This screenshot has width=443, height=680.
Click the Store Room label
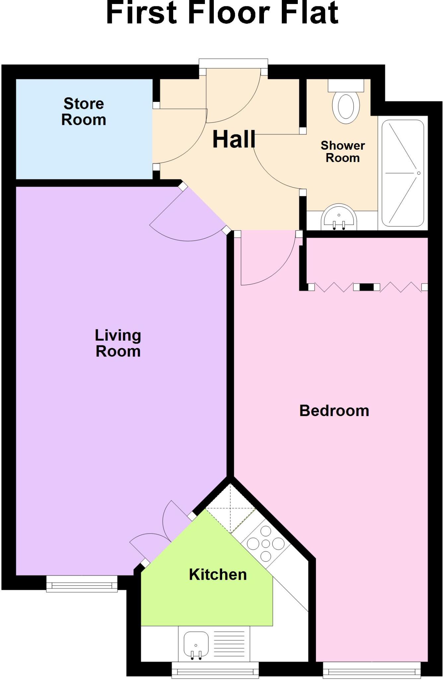point(84,112)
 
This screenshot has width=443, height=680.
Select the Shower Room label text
point(343,151)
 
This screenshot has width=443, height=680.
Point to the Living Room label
point(118,343)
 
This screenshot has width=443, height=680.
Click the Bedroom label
point(334,411)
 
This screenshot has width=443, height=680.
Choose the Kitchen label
point(218,574)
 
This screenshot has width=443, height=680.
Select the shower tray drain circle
point(418,173)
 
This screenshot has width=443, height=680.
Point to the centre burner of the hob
point(266,544)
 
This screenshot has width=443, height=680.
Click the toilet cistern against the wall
point(346,85)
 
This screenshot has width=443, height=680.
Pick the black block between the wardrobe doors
point(366,287)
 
